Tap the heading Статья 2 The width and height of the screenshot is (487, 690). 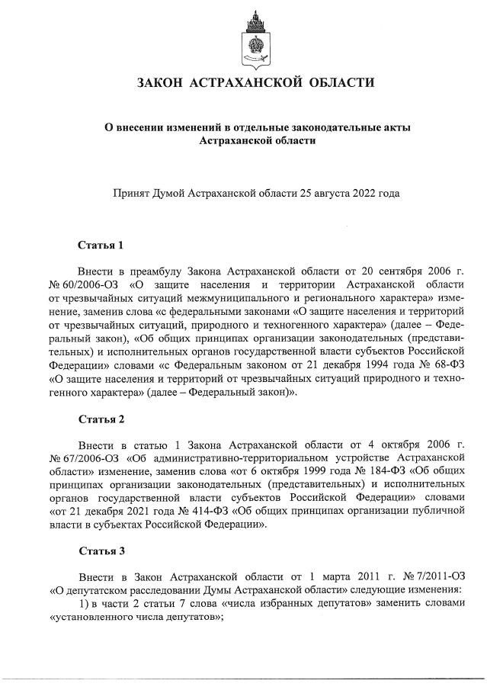coord(101,419)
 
